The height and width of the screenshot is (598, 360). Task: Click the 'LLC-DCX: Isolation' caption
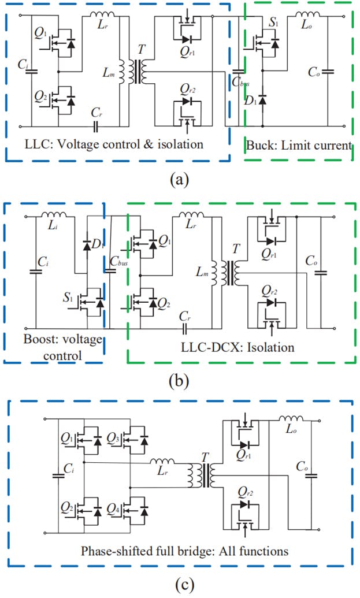pos(241,347)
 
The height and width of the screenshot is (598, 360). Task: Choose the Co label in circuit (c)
pos(302,466)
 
